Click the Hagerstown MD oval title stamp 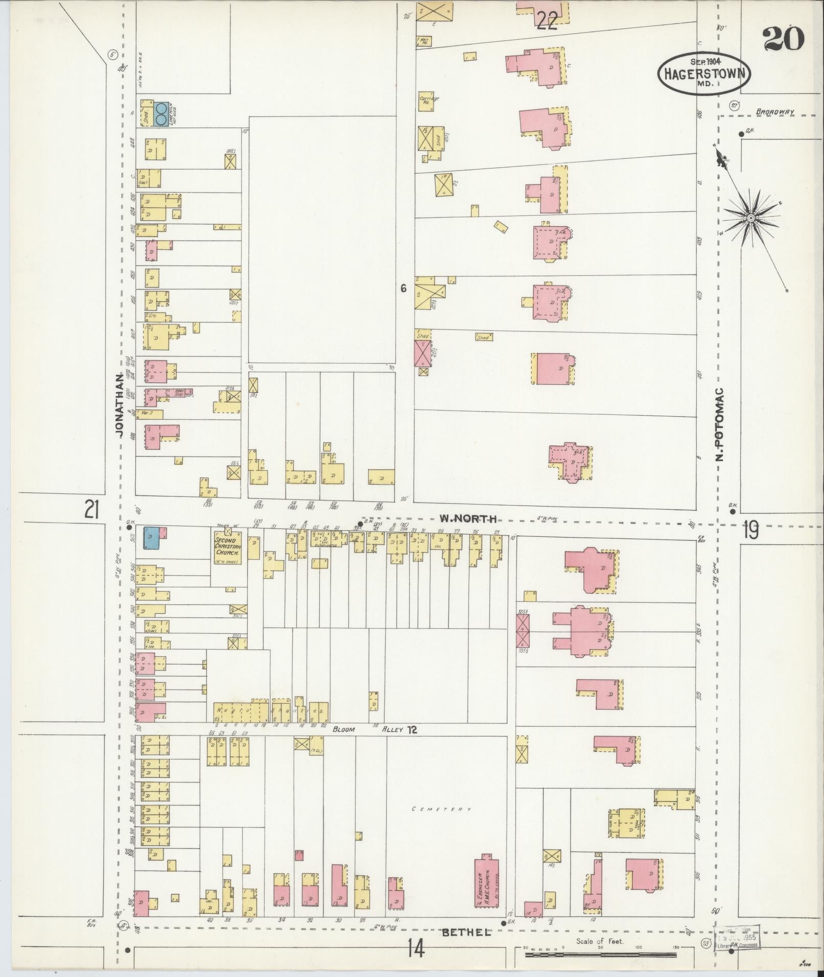click(703, 73)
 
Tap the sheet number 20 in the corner click(783, 38)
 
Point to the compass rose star click(750, 218)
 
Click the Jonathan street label click(119, 404)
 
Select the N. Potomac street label click(720, 423)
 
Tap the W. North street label click(468, 519)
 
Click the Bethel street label click(466, 932)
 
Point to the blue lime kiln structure click(161, 114)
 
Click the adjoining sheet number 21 click(92, 510)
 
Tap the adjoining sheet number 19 click(750, 531)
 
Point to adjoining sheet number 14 click(416, 949)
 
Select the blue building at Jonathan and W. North click(152, 538)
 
